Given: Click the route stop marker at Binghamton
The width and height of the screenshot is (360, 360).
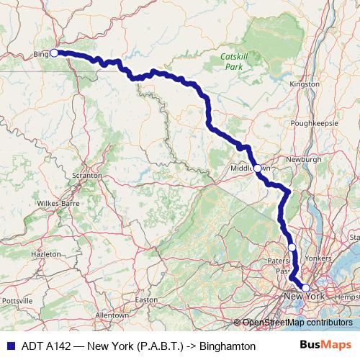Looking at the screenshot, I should (x=54, y=53).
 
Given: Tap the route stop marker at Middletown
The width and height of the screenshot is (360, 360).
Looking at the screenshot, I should (x=257, y=168).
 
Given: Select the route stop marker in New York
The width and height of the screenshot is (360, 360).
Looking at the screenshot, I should (x=305, y=288).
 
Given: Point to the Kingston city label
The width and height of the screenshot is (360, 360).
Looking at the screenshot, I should (x=304, y=84).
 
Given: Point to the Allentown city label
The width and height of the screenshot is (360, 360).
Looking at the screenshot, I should (x=112, y=315).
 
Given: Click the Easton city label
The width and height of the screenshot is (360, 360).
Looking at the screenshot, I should (x=145, y=300).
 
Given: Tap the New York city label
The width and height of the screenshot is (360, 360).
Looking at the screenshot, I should (x=306, y=297).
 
